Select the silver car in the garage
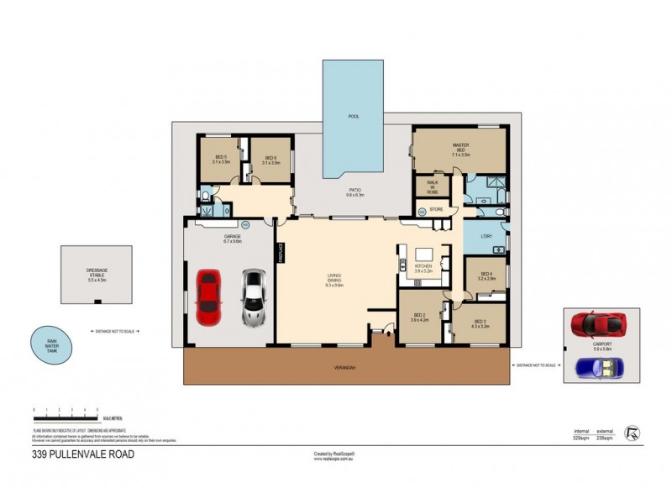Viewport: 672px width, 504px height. pos(251,297)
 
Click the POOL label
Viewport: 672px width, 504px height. pos(354,116)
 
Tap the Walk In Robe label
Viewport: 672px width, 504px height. pos(433,186)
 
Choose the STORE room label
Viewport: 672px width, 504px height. pos(435,209)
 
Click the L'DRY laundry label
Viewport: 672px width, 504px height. pos(486,236)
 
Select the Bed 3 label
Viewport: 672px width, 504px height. pos(480,323)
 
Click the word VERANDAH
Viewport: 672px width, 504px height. pos(346,367)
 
